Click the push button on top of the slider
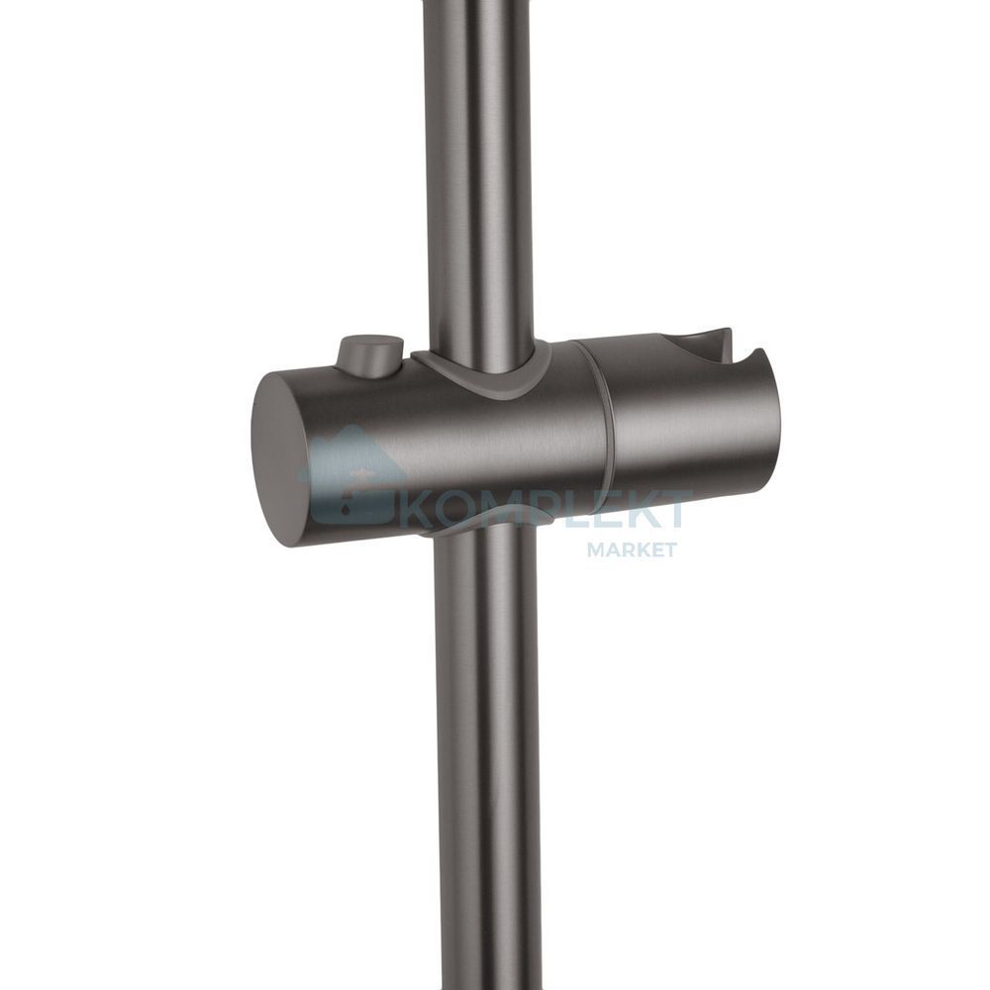coord(370,357)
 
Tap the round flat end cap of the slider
coord(283,459)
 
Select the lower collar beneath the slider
coord(487,521)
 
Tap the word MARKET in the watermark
coord(623,549)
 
